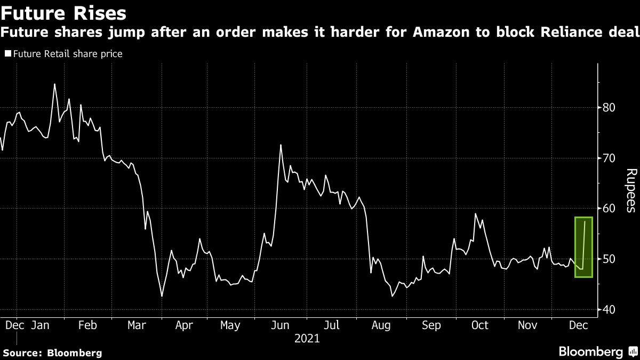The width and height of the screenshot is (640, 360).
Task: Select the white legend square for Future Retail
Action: coord(8,53)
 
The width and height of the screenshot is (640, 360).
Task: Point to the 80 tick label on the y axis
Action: coord(610,108)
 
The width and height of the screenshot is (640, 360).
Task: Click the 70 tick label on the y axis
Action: coord(610,158)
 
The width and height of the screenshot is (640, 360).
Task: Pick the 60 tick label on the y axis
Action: coord(610,209)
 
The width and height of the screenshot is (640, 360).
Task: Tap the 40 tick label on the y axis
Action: coord(610,310)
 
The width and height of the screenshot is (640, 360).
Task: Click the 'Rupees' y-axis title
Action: coord(631,190)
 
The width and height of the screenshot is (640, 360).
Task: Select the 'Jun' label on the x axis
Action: coord(280,325)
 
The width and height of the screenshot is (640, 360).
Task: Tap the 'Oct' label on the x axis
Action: coord(480,325)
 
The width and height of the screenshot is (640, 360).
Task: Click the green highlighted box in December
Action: coord(583,247)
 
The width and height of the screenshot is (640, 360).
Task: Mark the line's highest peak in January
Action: coord(54,84)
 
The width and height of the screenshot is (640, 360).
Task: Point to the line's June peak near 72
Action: coord(281,145)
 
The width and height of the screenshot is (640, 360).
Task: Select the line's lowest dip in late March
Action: coord(162,295)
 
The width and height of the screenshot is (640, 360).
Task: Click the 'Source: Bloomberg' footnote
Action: coord(52,353)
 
